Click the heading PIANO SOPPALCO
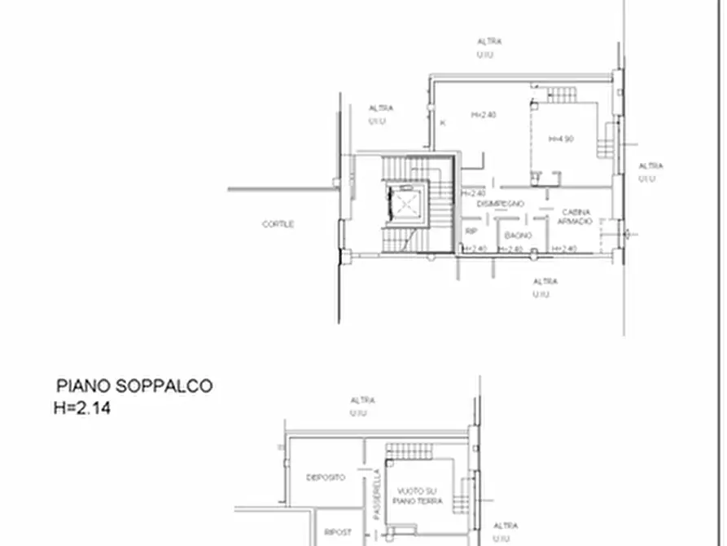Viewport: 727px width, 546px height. [x=134, y=386]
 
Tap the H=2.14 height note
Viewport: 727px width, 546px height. [x=81, y=407]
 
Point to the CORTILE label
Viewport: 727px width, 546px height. [x=278, y=224]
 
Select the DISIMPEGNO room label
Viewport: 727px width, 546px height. [x=501, y=204]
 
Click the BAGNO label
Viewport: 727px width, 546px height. [x=518, y=236]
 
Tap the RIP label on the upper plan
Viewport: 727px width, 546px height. [x=471, y=231]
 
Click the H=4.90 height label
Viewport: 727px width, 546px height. [x=562, y=139]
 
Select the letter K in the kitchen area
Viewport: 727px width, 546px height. [x=443, y=123]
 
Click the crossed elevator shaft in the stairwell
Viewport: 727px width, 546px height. [x=404, y=202]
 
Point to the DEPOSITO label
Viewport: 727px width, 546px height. [x=325, y=477]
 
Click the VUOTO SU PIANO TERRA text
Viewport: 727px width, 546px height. [x=420, y=495]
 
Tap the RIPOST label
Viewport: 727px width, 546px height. [x=337, y=532]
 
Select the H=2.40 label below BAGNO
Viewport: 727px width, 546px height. [x=510, y=249]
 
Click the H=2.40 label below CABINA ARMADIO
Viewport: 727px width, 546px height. [x=564, y=249]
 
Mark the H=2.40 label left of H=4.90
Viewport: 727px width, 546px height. [x=484, y=115]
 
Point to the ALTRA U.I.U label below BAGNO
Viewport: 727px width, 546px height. [x=545, y=287]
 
